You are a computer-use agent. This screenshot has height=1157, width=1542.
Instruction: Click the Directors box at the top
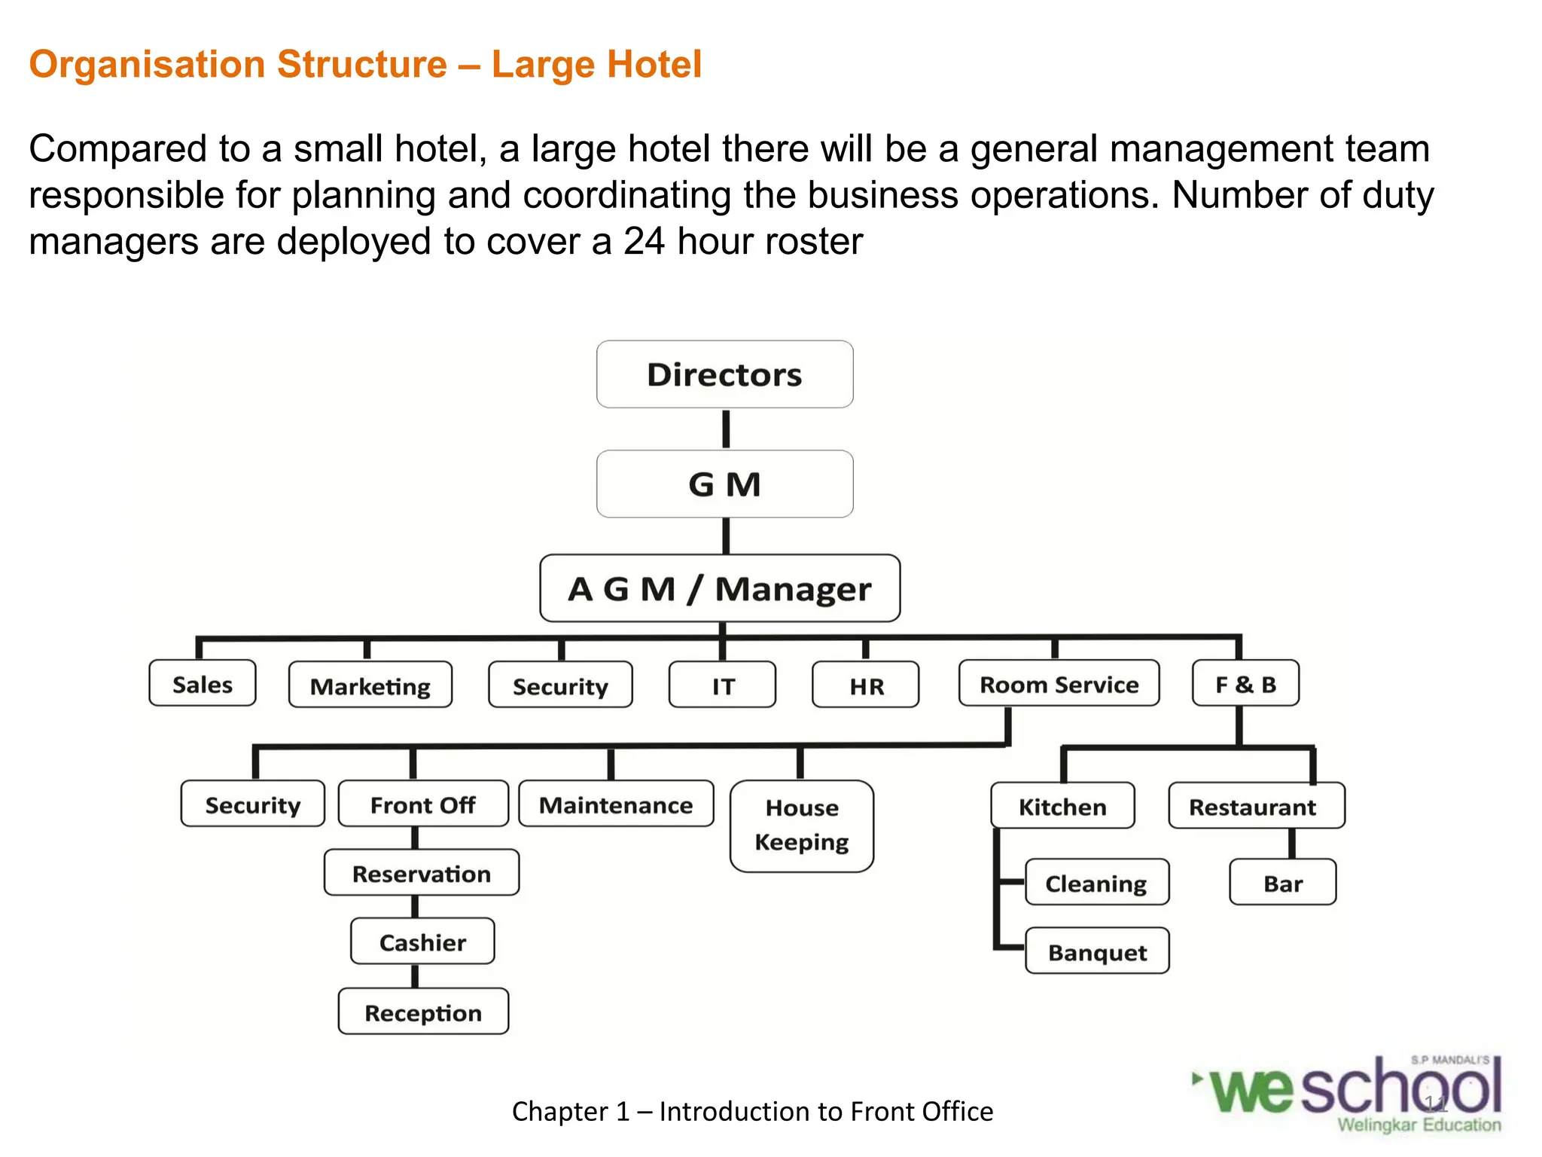point(724,374)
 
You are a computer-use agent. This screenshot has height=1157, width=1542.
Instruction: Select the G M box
point(724,484)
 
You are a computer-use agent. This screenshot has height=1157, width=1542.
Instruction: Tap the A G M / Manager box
point(720,588)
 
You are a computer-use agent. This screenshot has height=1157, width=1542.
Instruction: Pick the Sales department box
point(203,684)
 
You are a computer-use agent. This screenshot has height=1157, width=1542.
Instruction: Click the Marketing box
point(370,685)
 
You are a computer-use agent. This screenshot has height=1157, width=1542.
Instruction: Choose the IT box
point(722,685)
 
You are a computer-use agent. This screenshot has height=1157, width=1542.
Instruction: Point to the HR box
point(866,685)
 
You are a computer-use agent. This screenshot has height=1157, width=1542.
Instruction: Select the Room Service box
point(1059,684)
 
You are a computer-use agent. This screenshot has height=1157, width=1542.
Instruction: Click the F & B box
point(1245,684)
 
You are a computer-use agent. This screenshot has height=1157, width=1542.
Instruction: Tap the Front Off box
point(423,804)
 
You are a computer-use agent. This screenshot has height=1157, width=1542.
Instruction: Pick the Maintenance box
point(616,804)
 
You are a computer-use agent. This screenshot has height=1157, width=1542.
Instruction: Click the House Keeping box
point(802,826)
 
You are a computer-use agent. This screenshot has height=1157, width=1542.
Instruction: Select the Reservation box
point(422,873)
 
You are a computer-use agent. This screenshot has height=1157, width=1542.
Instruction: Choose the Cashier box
point(422,942)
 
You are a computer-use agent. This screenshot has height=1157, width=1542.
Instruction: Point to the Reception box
point(423,1012)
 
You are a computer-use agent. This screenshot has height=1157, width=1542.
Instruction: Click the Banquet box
point(1097,951)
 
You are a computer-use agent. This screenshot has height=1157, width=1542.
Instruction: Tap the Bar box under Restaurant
point(1283,883)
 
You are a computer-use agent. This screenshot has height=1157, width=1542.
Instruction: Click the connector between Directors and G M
point(726,429)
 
